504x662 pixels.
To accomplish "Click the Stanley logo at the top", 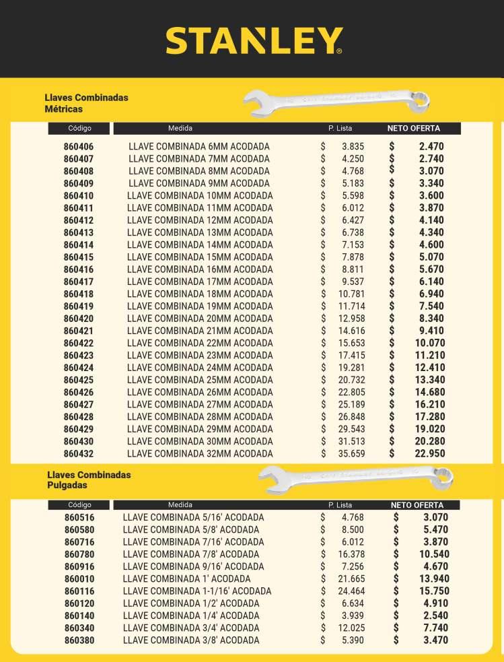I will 254,41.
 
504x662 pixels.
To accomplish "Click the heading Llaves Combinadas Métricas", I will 86,103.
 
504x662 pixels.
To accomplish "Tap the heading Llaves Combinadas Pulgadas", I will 89,480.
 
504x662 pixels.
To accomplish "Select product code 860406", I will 79,147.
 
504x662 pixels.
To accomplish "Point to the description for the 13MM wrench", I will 200,233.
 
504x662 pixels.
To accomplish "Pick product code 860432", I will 79,454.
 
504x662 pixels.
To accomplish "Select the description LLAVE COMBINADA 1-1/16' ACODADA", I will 197,591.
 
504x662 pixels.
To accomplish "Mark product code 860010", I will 79,579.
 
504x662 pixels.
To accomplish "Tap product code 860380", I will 79,640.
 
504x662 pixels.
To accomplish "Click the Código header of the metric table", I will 79,129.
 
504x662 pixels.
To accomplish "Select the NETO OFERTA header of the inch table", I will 417,505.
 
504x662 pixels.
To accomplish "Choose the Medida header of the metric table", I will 180,128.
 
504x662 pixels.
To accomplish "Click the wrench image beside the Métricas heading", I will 336,100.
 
